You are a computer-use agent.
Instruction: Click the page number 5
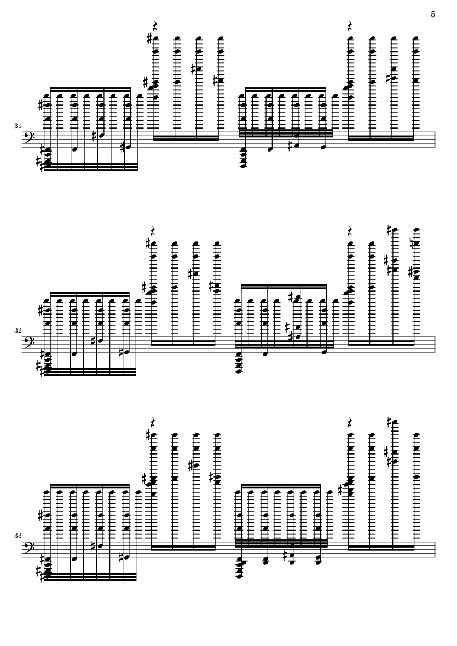(433, 14)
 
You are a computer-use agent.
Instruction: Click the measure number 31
(18, 125)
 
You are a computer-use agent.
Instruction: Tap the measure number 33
(18, 535)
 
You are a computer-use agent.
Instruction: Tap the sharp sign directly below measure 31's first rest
(149, 39)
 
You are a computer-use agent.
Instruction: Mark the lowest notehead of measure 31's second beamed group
(242, 166)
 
